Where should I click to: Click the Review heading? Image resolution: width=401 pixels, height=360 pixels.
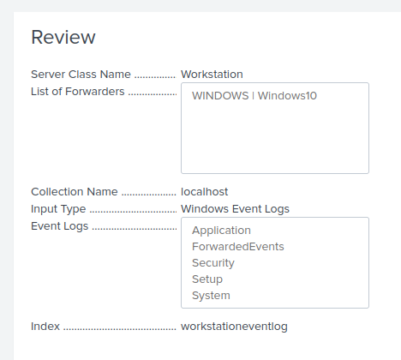coord(63,37)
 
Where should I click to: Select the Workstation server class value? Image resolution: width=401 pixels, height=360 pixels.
coord(218,75)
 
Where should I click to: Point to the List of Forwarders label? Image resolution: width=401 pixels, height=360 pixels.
coord(78,92)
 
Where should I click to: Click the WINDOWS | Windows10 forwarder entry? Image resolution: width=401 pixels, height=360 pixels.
coord(254,96)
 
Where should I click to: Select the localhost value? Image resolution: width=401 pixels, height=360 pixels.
coord(205,192)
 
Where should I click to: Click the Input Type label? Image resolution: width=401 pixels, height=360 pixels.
coord(58,209)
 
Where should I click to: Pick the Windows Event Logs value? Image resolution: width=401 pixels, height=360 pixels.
coord(235,209)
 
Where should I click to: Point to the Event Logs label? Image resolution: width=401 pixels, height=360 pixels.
coord(60,226)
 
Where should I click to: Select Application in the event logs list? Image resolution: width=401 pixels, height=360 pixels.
coord(221,231)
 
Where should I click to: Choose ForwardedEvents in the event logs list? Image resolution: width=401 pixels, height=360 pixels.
coord(238,247)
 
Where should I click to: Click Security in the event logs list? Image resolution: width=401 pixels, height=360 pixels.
coord(213,263)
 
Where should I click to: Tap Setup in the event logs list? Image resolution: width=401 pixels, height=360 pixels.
coord(207,279)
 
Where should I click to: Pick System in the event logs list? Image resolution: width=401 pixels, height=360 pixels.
coord(211,296)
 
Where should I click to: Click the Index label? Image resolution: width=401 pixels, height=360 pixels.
coord(45,327)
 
